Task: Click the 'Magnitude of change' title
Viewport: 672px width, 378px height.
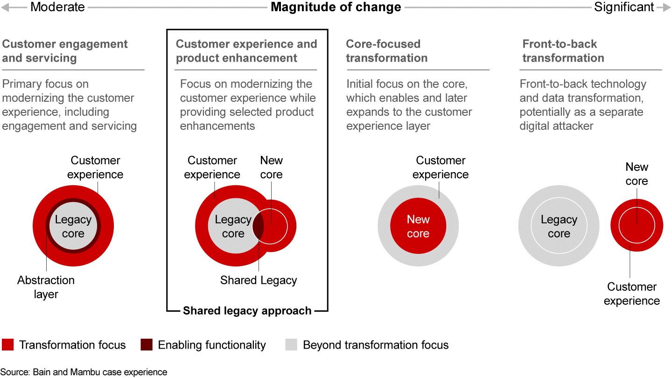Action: click(x=336, y=7)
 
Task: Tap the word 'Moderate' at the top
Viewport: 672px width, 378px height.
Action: click(x=58, y=7)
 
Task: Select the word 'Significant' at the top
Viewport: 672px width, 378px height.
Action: click(x=624, y=7)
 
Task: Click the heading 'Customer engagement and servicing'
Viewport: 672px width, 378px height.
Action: click(x=65, y=51)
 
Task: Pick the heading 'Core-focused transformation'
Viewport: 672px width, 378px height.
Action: click(x=386, y=51)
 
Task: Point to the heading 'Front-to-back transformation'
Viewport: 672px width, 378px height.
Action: click(x=563, y=51)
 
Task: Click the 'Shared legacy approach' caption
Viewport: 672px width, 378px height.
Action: click(x=247, y=311)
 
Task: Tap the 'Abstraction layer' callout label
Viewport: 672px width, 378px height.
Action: click(x=46, y=287)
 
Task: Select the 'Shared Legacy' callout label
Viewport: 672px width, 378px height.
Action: click(x=259, y=280)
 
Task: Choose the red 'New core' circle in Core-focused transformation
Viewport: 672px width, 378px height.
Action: click(x=418, y=226)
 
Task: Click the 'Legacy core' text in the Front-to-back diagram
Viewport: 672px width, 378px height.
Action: click(x=559, y=226)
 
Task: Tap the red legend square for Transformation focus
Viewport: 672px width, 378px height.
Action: click(x=8, y=345)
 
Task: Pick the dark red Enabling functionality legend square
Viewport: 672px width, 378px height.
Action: click(x=147, y=345)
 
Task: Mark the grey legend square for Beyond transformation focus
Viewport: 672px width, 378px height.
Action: click(x=291, y=345)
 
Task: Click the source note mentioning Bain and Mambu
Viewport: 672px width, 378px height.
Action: click(x=84, y=372)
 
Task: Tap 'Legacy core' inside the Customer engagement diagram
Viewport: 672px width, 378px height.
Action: click(x=73, y=226)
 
